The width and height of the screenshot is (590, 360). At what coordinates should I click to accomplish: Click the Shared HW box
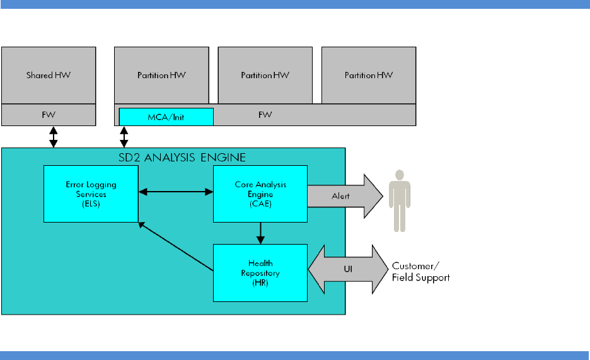point(49,75)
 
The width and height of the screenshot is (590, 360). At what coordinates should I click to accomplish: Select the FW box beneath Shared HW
point(49,115)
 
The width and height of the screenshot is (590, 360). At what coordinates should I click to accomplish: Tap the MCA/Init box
point(166,117)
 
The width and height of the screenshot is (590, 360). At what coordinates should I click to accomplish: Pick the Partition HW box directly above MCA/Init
point(161,75)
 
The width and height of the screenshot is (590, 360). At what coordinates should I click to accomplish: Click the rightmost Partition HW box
point(369,75)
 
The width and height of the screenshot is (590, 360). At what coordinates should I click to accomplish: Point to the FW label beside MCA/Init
point(265,116)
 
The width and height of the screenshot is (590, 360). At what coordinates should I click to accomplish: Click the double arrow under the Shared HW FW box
point(54,136)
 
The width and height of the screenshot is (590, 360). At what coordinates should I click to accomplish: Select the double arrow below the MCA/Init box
point(124,136)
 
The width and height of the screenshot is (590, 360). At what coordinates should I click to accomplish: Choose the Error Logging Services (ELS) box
point(91,194)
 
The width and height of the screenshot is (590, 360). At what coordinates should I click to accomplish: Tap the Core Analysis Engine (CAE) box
point(260,194)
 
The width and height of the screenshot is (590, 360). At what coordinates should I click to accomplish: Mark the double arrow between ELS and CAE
point(175,190)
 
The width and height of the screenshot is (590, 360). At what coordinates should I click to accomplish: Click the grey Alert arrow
point(344,195)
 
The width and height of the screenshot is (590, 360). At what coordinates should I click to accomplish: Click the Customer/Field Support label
point(421,271)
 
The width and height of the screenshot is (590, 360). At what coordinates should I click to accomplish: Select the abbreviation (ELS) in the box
point(91,206)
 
